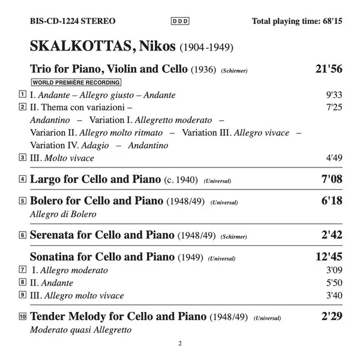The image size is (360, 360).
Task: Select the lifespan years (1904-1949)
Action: coord(205,47)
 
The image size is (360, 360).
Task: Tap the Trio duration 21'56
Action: coord(328,70)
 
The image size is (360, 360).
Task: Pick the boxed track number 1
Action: coord(22,94)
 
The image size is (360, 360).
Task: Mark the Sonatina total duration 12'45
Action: coord(328,256)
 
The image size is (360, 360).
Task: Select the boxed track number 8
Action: coord(22,282)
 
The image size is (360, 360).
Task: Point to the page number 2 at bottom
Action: coord(179,344)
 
